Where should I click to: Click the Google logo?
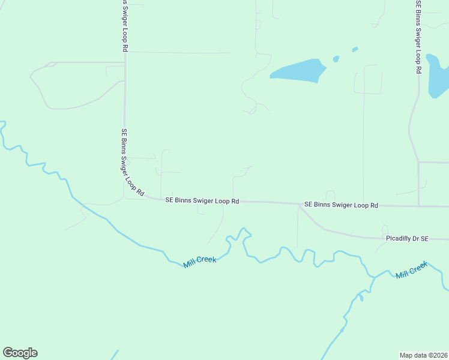click(20, 353)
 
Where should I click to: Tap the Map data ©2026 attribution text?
click(423, 355)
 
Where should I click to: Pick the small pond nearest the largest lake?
click(336, 59)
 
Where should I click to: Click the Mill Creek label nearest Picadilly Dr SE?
click(412, 269)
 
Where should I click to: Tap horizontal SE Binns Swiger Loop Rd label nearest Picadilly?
click(341, 205)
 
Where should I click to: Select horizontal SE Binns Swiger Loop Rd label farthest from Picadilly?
click(202, 201)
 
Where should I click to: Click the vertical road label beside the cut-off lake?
click(418, 36)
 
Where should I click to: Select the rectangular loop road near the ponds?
click(367, 79)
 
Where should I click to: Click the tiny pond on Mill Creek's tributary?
click(361, 296)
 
